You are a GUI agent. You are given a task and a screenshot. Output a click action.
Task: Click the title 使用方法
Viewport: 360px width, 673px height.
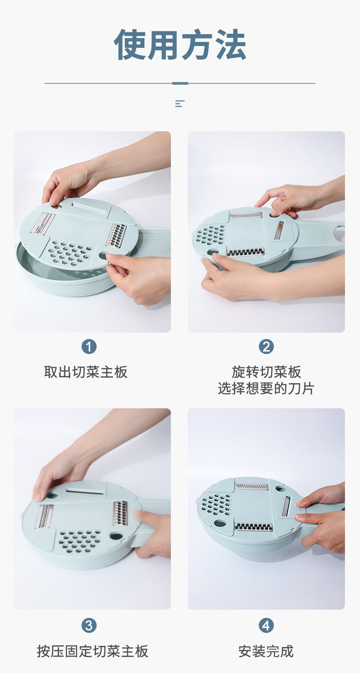[180, 44]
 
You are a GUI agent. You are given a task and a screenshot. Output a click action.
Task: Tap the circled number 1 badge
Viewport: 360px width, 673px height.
[89, 347]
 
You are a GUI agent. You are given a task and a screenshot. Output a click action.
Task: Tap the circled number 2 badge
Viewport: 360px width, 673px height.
[266, 347]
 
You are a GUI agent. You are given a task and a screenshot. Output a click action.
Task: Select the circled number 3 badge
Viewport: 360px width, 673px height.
[89, 626]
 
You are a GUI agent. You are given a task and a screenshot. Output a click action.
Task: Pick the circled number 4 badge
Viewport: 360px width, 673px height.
[266, 626]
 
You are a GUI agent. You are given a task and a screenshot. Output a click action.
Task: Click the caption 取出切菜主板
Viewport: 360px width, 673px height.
[86, 372]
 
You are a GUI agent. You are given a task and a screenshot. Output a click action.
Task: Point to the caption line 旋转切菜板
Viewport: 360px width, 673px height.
[266, 372]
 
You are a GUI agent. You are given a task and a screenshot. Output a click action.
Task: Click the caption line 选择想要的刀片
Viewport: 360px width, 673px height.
[266, 389]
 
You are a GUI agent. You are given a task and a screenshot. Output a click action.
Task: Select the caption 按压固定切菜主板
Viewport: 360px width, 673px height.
[93, 652]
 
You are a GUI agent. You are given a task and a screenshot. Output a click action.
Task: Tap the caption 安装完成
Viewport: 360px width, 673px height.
[266, 652]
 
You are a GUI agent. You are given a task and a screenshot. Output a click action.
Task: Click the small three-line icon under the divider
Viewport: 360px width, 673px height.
[180, 103]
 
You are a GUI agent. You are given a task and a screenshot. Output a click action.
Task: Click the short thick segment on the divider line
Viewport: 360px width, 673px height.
[180, 83]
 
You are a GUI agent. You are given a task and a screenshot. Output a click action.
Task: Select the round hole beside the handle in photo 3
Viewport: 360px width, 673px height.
[116, 536]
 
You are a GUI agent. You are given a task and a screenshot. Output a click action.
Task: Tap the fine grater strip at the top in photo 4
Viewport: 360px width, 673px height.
[251, 486]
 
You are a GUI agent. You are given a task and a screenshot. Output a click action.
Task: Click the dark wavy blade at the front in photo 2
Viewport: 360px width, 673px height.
[246, 252]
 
